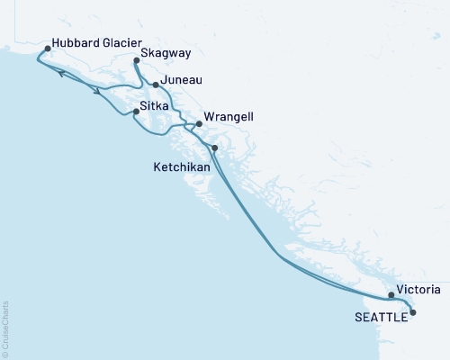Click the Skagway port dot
[x=136, y=61]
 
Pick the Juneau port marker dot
[x=156, y=85]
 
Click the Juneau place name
[x=181, y=81]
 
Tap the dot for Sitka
[x=136, y=112]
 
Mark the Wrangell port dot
[x=199, y=124]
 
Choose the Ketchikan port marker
[x=214, y=148]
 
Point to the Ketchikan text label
[x=181, y=167]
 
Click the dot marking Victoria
[x=391, y=294]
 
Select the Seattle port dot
[x=413, y=312]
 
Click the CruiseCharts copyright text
[x=6, y=324]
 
